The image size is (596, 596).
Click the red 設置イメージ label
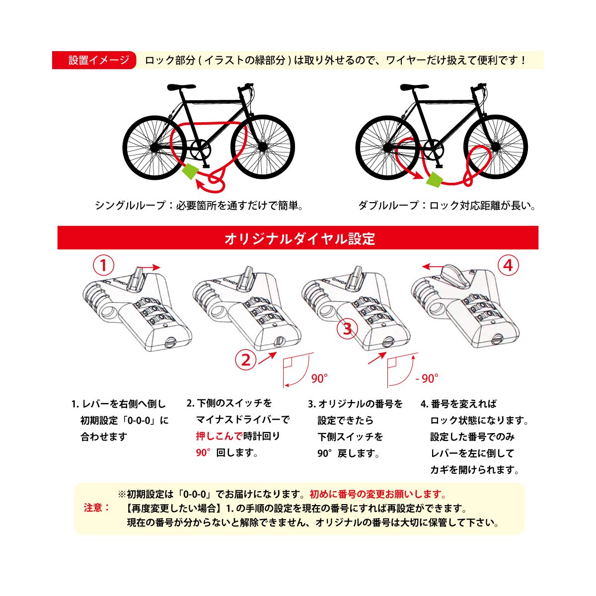tap(94, 61)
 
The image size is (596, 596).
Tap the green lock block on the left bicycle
tap(190, 171)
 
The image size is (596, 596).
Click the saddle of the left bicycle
tap(180, 87)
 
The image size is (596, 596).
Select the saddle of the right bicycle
tap(414, 87)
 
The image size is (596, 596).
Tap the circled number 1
tap(103, 266)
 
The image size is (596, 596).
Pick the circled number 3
tap(347, 329)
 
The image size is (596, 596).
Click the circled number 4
tap(508, 266)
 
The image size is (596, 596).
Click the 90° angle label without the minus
tap(319, 379)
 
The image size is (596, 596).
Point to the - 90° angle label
tap(427, 379)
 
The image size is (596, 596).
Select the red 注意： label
tap(96, 508)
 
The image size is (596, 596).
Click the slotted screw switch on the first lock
tap(170, 342)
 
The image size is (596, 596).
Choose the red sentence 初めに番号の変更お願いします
tap(377, 494)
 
